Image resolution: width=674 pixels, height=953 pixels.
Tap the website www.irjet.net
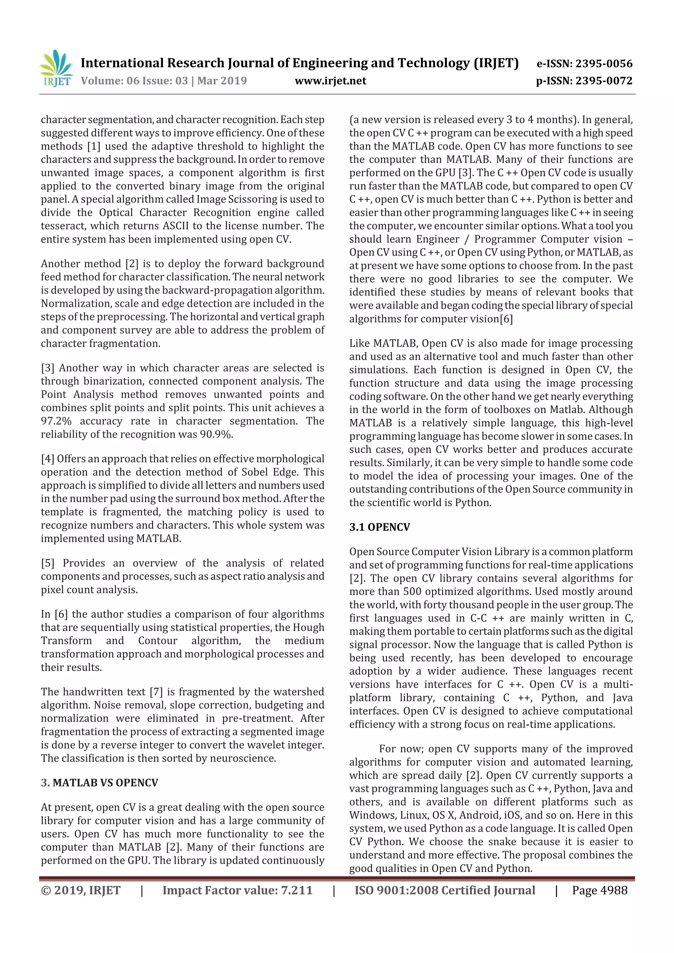coord(330,81)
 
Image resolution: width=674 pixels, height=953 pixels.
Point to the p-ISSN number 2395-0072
coord(603,81)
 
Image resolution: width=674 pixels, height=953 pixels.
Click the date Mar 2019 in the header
coord(222,81)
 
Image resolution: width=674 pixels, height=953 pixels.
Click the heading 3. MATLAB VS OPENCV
coord(100,782)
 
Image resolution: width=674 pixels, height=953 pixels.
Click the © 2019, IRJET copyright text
coord(81,890)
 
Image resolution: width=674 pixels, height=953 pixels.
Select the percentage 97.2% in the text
coord(56,421)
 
